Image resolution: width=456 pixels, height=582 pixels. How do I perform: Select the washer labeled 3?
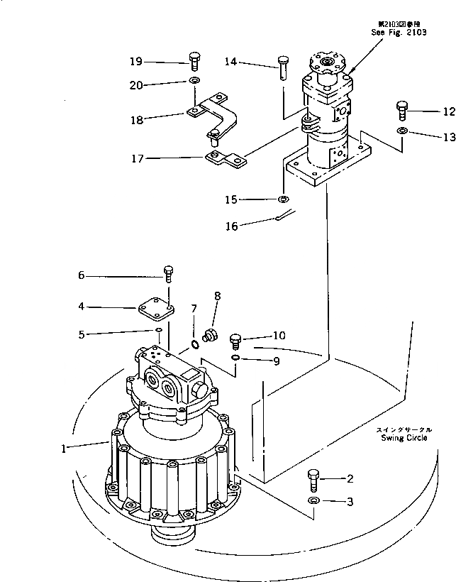pos(313,502)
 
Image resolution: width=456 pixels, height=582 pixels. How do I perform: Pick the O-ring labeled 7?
pos(194,346)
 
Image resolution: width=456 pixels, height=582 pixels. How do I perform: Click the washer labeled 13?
pos(402,132)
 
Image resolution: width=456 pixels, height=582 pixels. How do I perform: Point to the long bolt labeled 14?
pos(282,68)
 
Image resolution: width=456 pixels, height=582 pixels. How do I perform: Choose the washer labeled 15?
pos(283,199)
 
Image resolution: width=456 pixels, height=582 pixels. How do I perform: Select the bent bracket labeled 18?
pos(213,114)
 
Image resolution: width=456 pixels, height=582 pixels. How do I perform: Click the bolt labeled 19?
pos(194,60)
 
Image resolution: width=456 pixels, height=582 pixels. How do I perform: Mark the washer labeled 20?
pos(194,82)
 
